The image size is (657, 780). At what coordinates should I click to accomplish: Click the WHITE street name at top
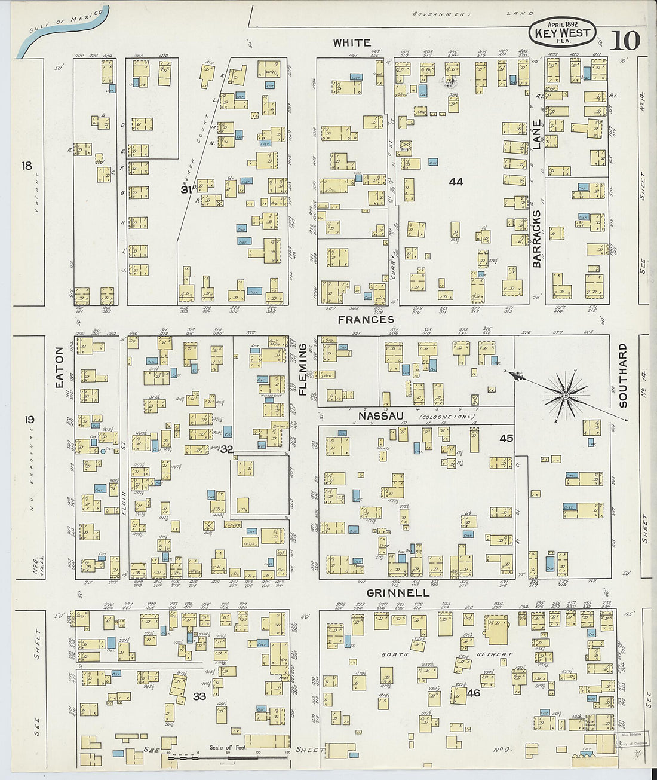pyautogui.click(x=352, y=42)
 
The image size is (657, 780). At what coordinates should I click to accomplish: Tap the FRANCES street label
pyautogui.click(x=366, y=320)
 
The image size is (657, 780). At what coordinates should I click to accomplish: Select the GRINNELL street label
pyautogui.click(x=398, y=593)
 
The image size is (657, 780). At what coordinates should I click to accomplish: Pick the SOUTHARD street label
pyautogui.click(x=623, y=375)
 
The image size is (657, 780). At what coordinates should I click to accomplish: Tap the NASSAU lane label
pyautogui.click(x=381, y=415)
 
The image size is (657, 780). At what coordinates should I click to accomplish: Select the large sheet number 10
pyautogui.click(x=625, y=41)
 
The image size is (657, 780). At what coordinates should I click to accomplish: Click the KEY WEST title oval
pyautogui.click(x=562, y=33)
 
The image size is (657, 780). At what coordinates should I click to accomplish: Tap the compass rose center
pyautogui.click(x=565, y=395)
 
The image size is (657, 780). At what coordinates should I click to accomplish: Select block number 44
pyautogui.click(x=456, y=181)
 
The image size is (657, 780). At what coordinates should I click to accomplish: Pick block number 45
pyautogui.click(x=506, y=438)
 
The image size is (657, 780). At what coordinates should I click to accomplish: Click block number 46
pyautogui.click(x=474, y=693)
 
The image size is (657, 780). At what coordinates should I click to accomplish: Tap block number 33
pyautogui.click(x=199, y=696)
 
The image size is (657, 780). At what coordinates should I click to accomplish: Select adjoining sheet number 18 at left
pyautogui.click(x=26, y=166)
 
